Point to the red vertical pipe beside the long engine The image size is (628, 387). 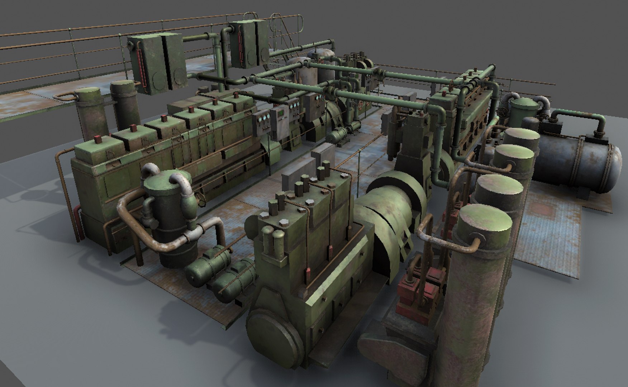pyautogui.click(x=76, y=222)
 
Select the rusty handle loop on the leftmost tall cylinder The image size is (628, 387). pyautogui.click(x=65, y=97)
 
